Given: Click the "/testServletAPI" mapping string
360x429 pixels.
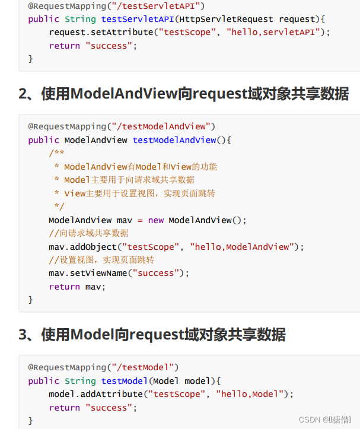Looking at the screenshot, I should tap(157, 6).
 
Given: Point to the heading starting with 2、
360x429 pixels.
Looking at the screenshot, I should tap(183, 93).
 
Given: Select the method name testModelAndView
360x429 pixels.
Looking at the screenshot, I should tap(174, 140).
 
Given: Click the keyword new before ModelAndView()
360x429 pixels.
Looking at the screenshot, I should tap(156, 220).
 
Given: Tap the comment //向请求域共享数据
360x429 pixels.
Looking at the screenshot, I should tap(88, 233).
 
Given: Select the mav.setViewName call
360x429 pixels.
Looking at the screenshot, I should tap(90, 274).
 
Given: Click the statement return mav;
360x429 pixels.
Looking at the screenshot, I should tap(77, 287).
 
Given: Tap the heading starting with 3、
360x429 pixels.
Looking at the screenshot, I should tap(152, 335).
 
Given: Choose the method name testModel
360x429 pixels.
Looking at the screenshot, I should tap(125, 381).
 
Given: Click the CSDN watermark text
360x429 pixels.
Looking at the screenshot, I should tap(326, 420).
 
